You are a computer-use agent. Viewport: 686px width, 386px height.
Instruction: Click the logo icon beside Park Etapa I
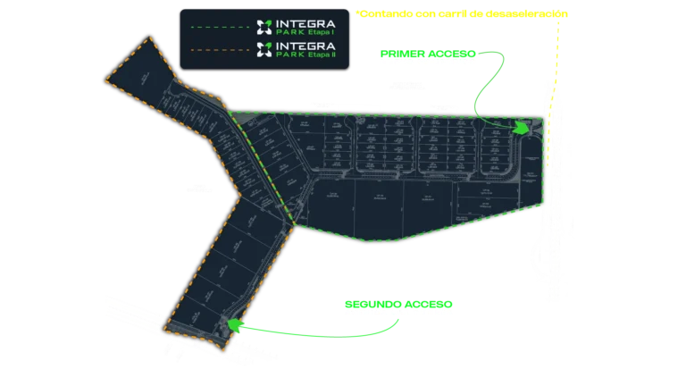pos(263,26)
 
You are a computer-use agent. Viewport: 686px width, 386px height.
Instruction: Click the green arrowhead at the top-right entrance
pos(522,129)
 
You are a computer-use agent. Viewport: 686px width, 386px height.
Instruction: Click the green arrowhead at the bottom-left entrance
pos(234,324)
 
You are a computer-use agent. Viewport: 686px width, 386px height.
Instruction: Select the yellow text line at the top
pos(461,13)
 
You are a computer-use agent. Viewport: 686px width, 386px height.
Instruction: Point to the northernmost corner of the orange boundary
pos(149,38)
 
